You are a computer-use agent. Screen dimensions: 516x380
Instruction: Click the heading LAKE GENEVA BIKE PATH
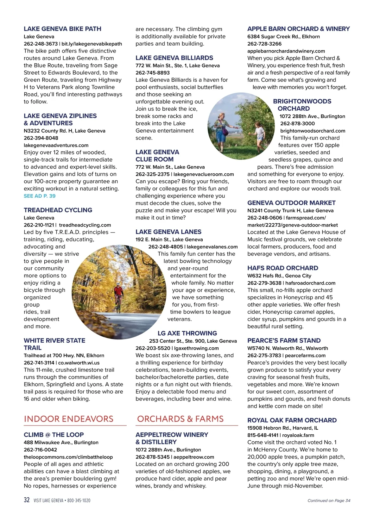pos(62,29)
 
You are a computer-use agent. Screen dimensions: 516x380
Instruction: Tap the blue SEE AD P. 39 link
pos(40,196)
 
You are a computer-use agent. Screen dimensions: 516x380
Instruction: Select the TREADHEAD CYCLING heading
pos(58,210)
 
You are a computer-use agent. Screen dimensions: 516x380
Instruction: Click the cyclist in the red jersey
pos(119,296)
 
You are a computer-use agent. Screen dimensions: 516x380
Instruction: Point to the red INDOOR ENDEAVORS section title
pos(68,419)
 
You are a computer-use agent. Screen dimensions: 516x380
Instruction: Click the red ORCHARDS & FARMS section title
pos(180,419)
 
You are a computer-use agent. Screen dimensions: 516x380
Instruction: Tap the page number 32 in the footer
pos(27,500)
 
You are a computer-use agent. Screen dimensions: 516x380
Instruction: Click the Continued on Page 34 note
pos(329,500)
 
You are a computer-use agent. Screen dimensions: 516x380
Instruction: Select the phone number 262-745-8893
pos(153,73)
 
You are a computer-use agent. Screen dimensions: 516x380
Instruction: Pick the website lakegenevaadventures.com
pos(56,145)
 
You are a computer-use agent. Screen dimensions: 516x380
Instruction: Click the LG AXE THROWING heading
pos(187,333)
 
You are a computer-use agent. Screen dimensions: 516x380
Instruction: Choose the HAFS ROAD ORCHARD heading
pos(282,268)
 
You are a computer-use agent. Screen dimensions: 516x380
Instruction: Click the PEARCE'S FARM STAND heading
pos(284,340)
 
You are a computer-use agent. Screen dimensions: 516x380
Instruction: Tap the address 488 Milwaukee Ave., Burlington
pos(61,442)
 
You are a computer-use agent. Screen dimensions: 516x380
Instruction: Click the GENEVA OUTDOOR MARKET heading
pos(291,203)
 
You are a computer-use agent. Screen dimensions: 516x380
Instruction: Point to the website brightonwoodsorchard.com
pos(313,131)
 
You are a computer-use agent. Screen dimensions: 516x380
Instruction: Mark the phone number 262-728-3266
pos(264,44)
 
